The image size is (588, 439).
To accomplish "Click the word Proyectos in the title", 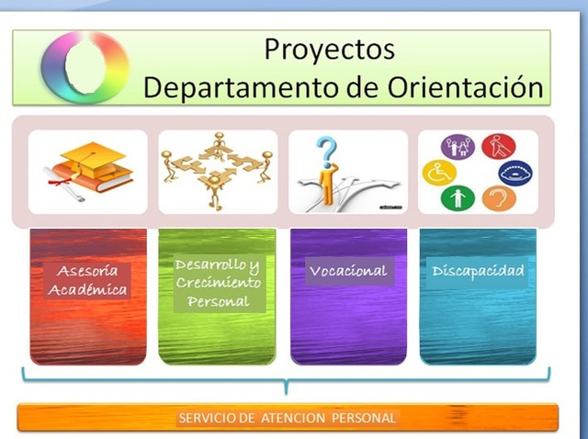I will click(x=329, y=49).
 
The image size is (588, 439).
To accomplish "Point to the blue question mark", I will click(x=328, y=150).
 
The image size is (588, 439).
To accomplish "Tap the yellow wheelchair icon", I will click(x=438, y=172).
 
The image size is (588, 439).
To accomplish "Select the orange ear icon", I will click(x=498, y=197).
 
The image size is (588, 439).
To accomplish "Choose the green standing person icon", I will click(x=457, y=197).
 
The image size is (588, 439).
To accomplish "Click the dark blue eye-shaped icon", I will click(x=514, y=172).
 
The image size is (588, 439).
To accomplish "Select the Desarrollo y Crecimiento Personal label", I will click(x=218, y=282).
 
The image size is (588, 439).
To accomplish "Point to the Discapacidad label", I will click(x=479, y=271).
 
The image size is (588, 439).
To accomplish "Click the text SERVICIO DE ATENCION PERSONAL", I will click(x=288, y=418).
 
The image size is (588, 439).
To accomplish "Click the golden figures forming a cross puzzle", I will click(x=218, y=171).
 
